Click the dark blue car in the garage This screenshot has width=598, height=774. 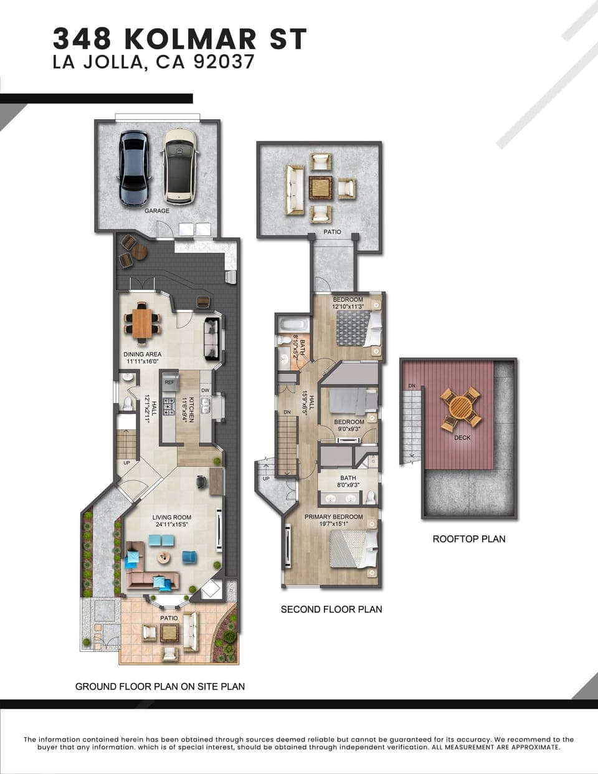click(x=133, y=168)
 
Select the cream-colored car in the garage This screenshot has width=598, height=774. click(x=178, y=166)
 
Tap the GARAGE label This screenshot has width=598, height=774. click(x=157, y=211)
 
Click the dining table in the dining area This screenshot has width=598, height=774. click(x=142, y=323)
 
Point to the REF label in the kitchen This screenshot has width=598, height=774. click(x=169, y=382)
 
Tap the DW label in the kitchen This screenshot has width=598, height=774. click(x=205, y=391)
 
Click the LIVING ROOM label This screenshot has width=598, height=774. click(x=172, y=517)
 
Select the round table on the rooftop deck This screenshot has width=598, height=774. click(x=460, y=408)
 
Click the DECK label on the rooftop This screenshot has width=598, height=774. click(x=462, y=437)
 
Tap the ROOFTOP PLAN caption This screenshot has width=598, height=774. click(x=469, y=539)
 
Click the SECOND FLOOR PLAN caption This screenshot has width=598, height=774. click(x=331, y=609)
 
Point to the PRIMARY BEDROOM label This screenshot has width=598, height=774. click(x=333, y=517)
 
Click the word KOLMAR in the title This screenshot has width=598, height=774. click(x=191, y=39)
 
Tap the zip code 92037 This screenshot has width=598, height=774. click(x=224, y=62)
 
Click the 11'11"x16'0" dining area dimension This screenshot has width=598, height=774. click(x=143, y=361)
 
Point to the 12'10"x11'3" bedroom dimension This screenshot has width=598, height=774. click(x=348, y=306)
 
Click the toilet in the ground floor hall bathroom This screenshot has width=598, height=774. click(x=128, y=403)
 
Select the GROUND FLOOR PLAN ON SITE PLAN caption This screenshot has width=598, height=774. click(x=160, y=687)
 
